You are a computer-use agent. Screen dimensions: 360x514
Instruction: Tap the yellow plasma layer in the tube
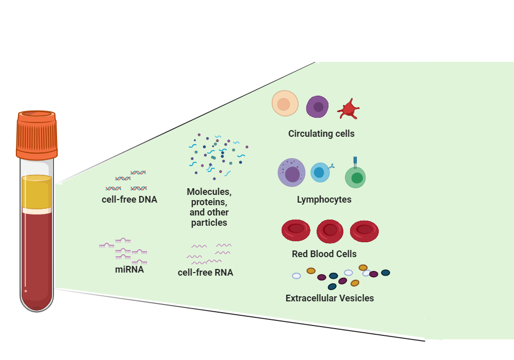point(36,192)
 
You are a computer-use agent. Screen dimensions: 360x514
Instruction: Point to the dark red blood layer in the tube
point(36,252)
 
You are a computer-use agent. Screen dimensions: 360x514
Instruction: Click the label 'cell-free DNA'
point(130,200)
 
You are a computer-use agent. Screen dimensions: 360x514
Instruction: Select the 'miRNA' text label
point(129,269)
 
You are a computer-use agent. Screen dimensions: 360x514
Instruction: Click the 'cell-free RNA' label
point(206,273)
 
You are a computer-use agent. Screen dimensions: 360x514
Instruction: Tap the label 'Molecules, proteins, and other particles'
point(209,207)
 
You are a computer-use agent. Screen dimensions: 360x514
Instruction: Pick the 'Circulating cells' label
point(321,134)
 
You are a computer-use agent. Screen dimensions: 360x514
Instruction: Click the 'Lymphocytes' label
point(324,200)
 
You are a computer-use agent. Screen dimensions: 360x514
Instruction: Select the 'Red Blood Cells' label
point(324,254)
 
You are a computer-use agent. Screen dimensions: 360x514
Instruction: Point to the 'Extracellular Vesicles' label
point(329,298)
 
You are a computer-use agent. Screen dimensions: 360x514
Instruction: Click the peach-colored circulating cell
point(285,104)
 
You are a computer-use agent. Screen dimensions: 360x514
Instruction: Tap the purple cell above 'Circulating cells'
point(317,107)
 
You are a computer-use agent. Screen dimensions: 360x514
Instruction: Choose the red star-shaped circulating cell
point(348,109)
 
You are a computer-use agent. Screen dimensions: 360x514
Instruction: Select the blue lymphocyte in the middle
point(320,172)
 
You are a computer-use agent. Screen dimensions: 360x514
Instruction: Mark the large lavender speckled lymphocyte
point(292,173)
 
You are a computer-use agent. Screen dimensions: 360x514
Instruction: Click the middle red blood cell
point(329,230)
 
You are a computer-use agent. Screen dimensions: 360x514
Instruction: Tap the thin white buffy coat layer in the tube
point(36,210)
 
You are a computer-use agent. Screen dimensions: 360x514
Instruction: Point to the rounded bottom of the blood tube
point(36,303)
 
